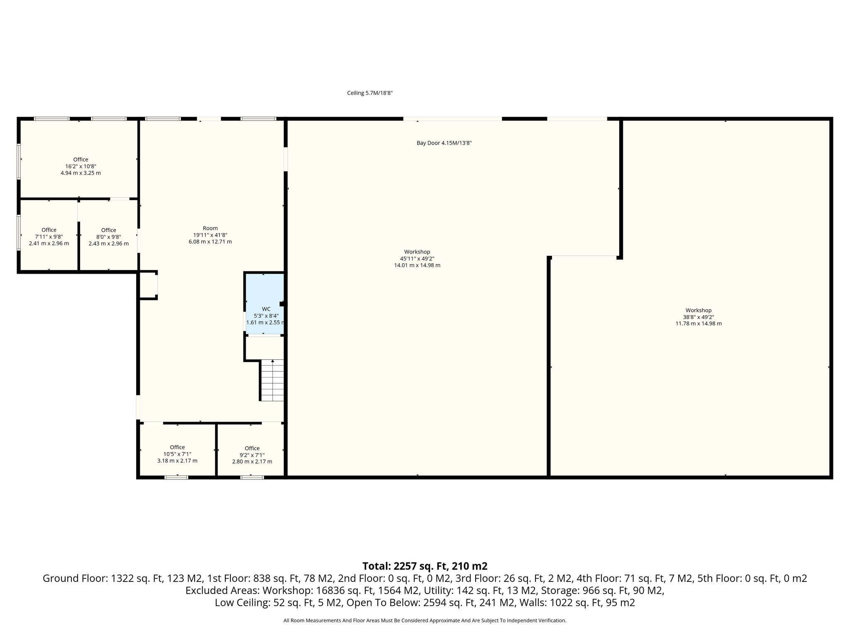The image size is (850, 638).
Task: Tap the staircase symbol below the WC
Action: (x=272, y=380)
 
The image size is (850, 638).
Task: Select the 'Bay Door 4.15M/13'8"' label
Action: (x=444, y=143)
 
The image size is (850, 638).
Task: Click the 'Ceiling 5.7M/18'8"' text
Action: (x=370, y=93)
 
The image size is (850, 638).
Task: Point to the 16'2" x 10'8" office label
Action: (x=81, y=166)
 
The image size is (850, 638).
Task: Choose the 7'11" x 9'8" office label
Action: (x=49, y=237)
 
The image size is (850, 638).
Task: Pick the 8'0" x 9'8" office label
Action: (x=109, y=237)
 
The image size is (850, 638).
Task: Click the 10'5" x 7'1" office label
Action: (x=177, y=454)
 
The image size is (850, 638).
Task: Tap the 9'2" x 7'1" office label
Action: (x=252, y=455)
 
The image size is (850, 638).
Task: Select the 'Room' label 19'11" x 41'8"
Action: (x=210, y=235)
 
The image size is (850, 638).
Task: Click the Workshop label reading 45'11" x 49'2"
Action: (x=417, y=258)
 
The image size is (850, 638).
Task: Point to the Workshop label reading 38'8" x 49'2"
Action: (x=699, y=317)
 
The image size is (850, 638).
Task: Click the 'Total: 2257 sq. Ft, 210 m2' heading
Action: (x=425, y=566)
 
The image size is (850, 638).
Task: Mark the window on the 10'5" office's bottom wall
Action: (x=176, y=477)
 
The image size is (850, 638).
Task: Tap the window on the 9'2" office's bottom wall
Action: (x=252, y=477)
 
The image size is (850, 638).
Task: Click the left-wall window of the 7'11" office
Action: (x=19, y=232)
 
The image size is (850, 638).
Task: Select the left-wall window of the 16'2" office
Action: (x=19, y=161)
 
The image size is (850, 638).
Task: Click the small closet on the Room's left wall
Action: (x=148, y=285)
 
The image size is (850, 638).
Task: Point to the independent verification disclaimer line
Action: (x=425, y=621)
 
